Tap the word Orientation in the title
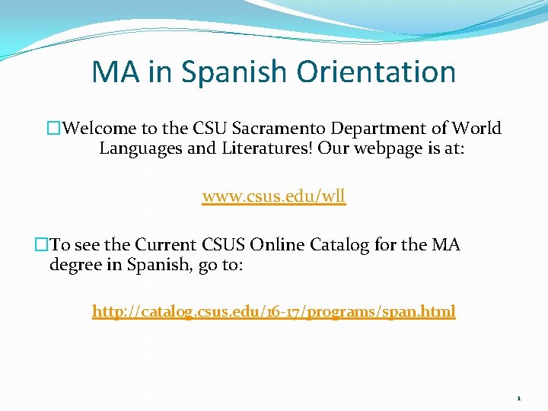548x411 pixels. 376,72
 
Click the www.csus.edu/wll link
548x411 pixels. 274,196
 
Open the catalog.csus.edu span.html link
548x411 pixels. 274,311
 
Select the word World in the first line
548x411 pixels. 476,128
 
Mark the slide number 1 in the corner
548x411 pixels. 518,398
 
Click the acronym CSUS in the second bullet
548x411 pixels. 225,245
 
